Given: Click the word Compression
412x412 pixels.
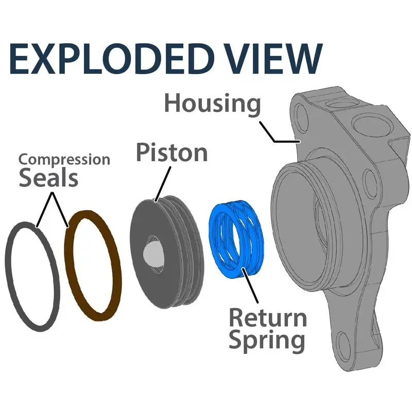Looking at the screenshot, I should point(64,160).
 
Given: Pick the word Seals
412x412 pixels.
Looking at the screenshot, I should point(48,178).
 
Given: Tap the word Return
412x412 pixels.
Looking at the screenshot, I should point(267,317).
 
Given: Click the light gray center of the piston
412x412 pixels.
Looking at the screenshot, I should point(152,252).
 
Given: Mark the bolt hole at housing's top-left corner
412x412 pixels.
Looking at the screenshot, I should point(301,116).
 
